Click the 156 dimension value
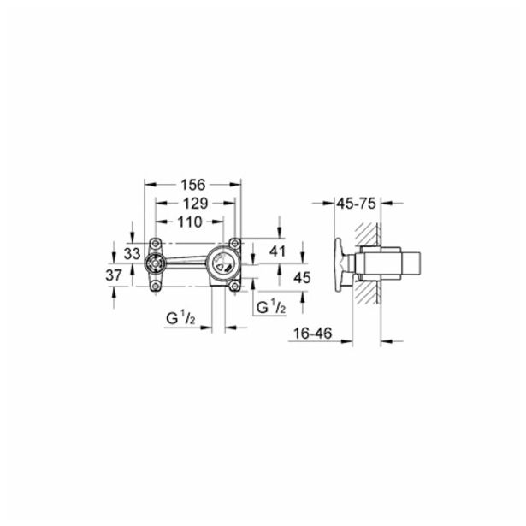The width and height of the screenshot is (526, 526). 193,185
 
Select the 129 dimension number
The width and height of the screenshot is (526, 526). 195,204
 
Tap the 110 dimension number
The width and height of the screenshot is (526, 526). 190,222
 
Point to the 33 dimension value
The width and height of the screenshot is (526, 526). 133,254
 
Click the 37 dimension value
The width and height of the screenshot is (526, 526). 114,275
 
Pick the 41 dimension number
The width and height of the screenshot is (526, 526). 277,251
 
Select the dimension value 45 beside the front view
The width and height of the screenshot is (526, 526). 302,277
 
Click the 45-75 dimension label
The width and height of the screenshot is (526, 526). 356,204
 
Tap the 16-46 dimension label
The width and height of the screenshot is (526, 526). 312,334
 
